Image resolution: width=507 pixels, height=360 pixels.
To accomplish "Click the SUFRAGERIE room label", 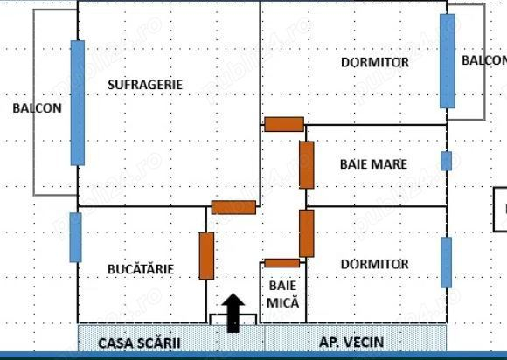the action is click(x=145, y=85).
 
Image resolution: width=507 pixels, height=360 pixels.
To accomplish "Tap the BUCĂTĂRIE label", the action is click(x=141, y=269).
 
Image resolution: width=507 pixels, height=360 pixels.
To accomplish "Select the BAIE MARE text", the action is click(x=373, y=164).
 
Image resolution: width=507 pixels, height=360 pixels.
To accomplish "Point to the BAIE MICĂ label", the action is click(x=283, y=294).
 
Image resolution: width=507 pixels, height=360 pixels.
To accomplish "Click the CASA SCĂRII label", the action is click(x=139, y=343).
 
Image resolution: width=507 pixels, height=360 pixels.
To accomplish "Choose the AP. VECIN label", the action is click(x=351, y=342).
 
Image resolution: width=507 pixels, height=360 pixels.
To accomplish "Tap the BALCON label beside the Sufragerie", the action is click(x=38, y=108).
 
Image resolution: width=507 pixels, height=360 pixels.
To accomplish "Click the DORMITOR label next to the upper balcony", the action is click(x=375, y=62).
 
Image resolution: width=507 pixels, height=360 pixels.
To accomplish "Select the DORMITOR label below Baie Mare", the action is click(x=375, y=264).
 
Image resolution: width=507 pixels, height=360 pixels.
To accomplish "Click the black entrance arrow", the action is click(x=233, y=313).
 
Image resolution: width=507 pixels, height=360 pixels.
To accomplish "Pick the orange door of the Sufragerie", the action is click(x=233, y=207).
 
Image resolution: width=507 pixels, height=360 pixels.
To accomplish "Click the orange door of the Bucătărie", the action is click(x=206, y=256).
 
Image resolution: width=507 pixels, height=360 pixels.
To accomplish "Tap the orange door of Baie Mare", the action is click(x=307, y=165).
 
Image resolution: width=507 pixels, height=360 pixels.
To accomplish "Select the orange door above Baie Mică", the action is click(x=282, y=263).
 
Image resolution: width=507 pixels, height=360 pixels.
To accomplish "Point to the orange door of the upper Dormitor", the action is click(x=284, y=124).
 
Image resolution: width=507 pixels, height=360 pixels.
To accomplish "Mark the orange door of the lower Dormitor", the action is click(x=307, y=233).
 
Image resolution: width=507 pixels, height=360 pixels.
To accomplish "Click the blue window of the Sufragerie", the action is click(x=78, y=103).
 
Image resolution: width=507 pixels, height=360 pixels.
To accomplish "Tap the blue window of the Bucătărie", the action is click(x=76, y=237).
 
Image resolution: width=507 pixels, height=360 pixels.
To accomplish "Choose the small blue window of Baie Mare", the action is click(x=446, y=161).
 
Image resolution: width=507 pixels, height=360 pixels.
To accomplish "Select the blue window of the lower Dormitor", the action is click(x=446, y=262).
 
